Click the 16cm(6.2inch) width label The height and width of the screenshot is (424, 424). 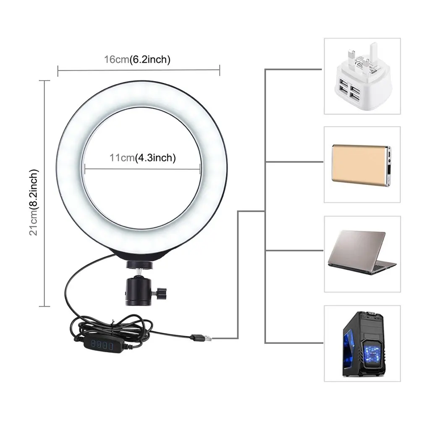coord(137,59)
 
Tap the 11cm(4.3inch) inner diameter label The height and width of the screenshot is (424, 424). coord(142,158)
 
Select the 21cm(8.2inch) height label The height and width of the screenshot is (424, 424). coord(34,202)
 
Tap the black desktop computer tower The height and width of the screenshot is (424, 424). coord(364,344)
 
